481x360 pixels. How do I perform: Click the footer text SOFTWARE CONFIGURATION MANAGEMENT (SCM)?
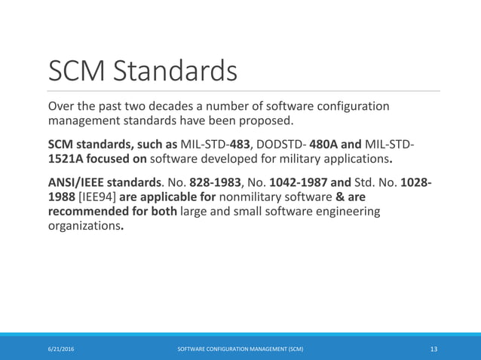240,349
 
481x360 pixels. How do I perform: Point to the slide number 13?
434,349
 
